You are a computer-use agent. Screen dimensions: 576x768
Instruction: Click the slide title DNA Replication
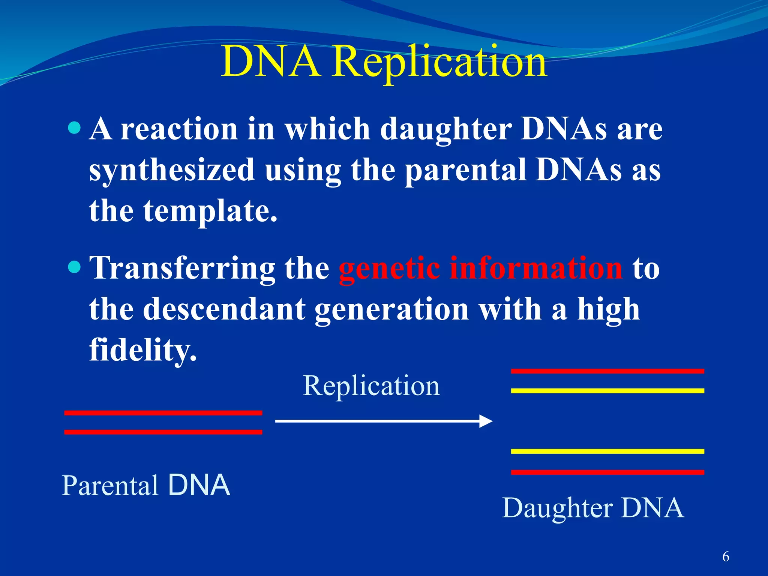[384, 62]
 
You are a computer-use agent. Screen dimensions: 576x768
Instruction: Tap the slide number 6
[726, 556]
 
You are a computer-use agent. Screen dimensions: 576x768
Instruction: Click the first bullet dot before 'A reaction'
[75, 127]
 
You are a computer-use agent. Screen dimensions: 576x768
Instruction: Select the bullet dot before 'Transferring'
[75, 267]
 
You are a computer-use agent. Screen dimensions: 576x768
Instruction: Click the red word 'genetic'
[389, 268]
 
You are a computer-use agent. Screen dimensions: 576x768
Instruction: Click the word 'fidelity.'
[143, 349]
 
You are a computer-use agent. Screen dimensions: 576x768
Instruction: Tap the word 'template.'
[210, 211]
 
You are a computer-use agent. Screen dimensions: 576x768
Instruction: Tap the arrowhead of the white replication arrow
[486, 421]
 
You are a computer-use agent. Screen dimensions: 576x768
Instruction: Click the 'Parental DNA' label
[145, 485]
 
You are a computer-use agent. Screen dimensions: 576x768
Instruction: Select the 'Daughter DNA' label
[593, 508]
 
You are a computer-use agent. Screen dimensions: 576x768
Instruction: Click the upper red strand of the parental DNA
[163, 413]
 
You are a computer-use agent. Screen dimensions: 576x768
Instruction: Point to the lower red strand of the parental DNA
[163, 432]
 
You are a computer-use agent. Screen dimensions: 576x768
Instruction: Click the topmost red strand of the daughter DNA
[607, 371]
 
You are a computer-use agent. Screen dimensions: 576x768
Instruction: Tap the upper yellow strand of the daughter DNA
[607, 391]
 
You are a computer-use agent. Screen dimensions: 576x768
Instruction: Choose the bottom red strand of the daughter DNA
[607, 472]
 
